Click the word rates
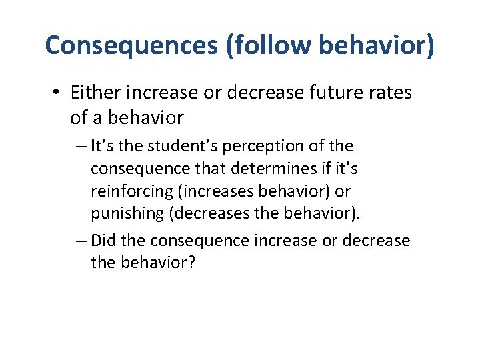387,93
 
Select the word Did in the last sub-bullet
103,241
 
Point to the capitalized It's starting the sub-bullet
102,146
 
